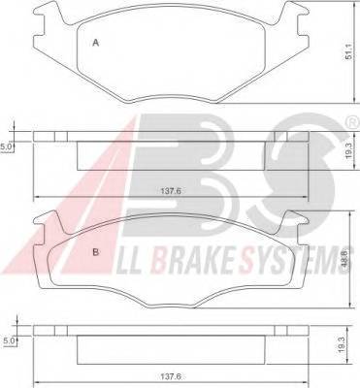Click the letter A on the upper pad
[95, 43]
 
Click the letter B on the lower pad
[95, 252]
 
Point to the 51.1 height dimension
[348, 51]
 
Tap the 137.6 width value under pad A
[171, 191]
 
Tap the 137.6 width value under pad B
[171, 376]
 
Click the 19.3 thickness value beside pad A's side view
[348, 150]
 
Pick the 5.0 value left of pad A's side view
[6, 147]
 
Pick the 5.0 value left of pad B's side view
[8, 340]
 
